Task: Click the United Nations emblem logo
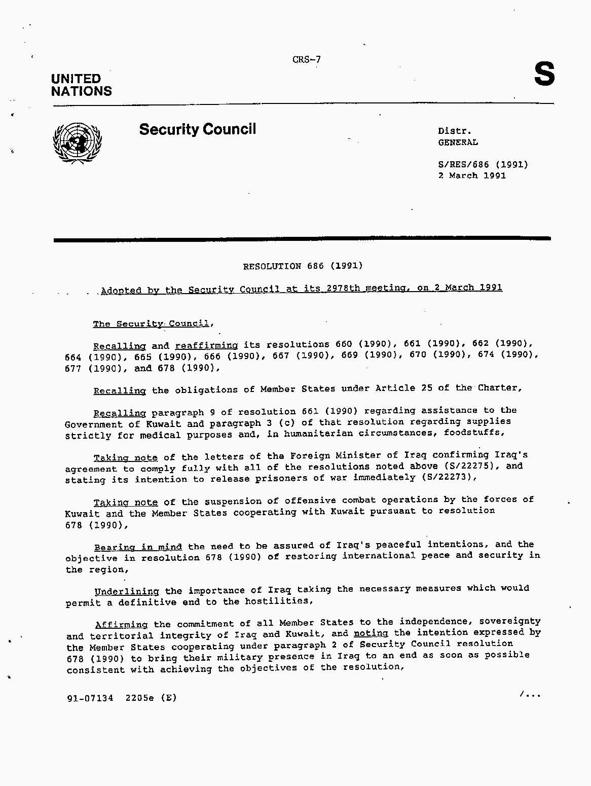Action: [x=77, y=142]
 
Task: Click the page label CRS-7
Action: [x=306, y=60]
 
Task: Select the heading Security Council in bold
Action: [x=197, y=129]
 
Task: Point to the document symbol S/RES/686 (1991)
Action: [x=483, y=164]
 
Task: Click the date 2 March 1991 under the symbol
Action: [x=472, y=175]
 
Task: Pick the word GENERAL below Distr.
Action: [x=458, y=142]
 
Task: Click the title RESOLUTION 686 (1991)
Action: [x=303, y=266]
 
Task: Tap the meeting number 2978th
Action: [x=343, y=288]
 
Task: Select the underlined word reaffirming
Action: [x=206, y=345]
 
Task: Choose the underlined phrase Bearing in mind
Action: [x=138, y=547]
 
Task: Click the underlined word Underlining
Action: [x=127, y=591]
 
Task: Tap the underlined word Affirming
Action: [x=122, y=625]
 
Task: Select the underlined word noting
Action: [x=371, y=633]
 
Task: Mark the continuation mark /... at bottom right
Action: [x=530, y=695]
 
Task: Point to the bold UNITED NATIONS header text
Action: [x=81, y=85]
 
